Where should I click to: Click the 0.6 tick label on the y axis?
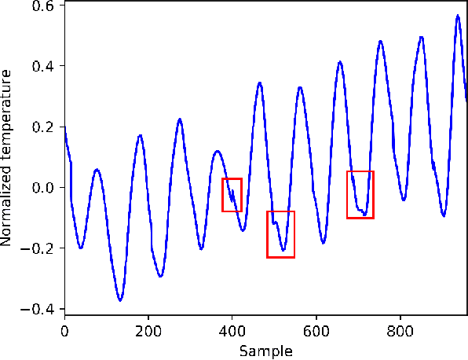(x=43, y=6)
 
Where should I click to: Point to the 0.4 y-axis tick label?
(x=43, y=66)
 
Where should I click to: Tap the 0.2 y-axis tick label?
(x=43, y=127)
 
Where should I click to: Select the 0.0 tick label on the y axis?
(x=43, y=188)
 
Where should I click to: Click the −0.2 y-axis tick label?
(x=39, y=248)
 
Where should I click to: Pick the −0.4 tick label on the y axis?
(x=39, y=309)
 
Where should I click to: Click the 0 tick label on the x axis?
(x=64, y=331)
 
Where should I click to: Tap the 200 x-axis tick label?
(x=148, y=331)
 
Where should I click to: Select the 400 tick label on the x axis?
(x=232, y=331)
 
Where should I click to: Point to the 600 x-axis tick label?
(x=316, y=331)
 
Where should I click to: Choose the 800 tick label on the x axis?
(x=400, y=331)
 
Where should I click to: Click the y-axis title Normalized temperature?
(x=8, y=157)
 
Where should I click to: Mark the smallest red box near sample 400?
(x=232, y=195)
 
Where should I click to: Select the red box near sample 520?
(x=280, y=234)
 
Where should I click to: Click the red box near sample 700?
(x=360, y=194)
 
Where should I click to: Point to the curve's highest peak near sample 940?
(x=457, y=15)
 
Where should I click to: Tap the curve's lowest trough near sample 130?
(x=120, y=300)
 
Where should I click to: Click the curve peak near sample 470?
(x=260, y=83)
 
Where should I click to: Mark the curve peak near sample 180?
(x=140, y=135)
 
